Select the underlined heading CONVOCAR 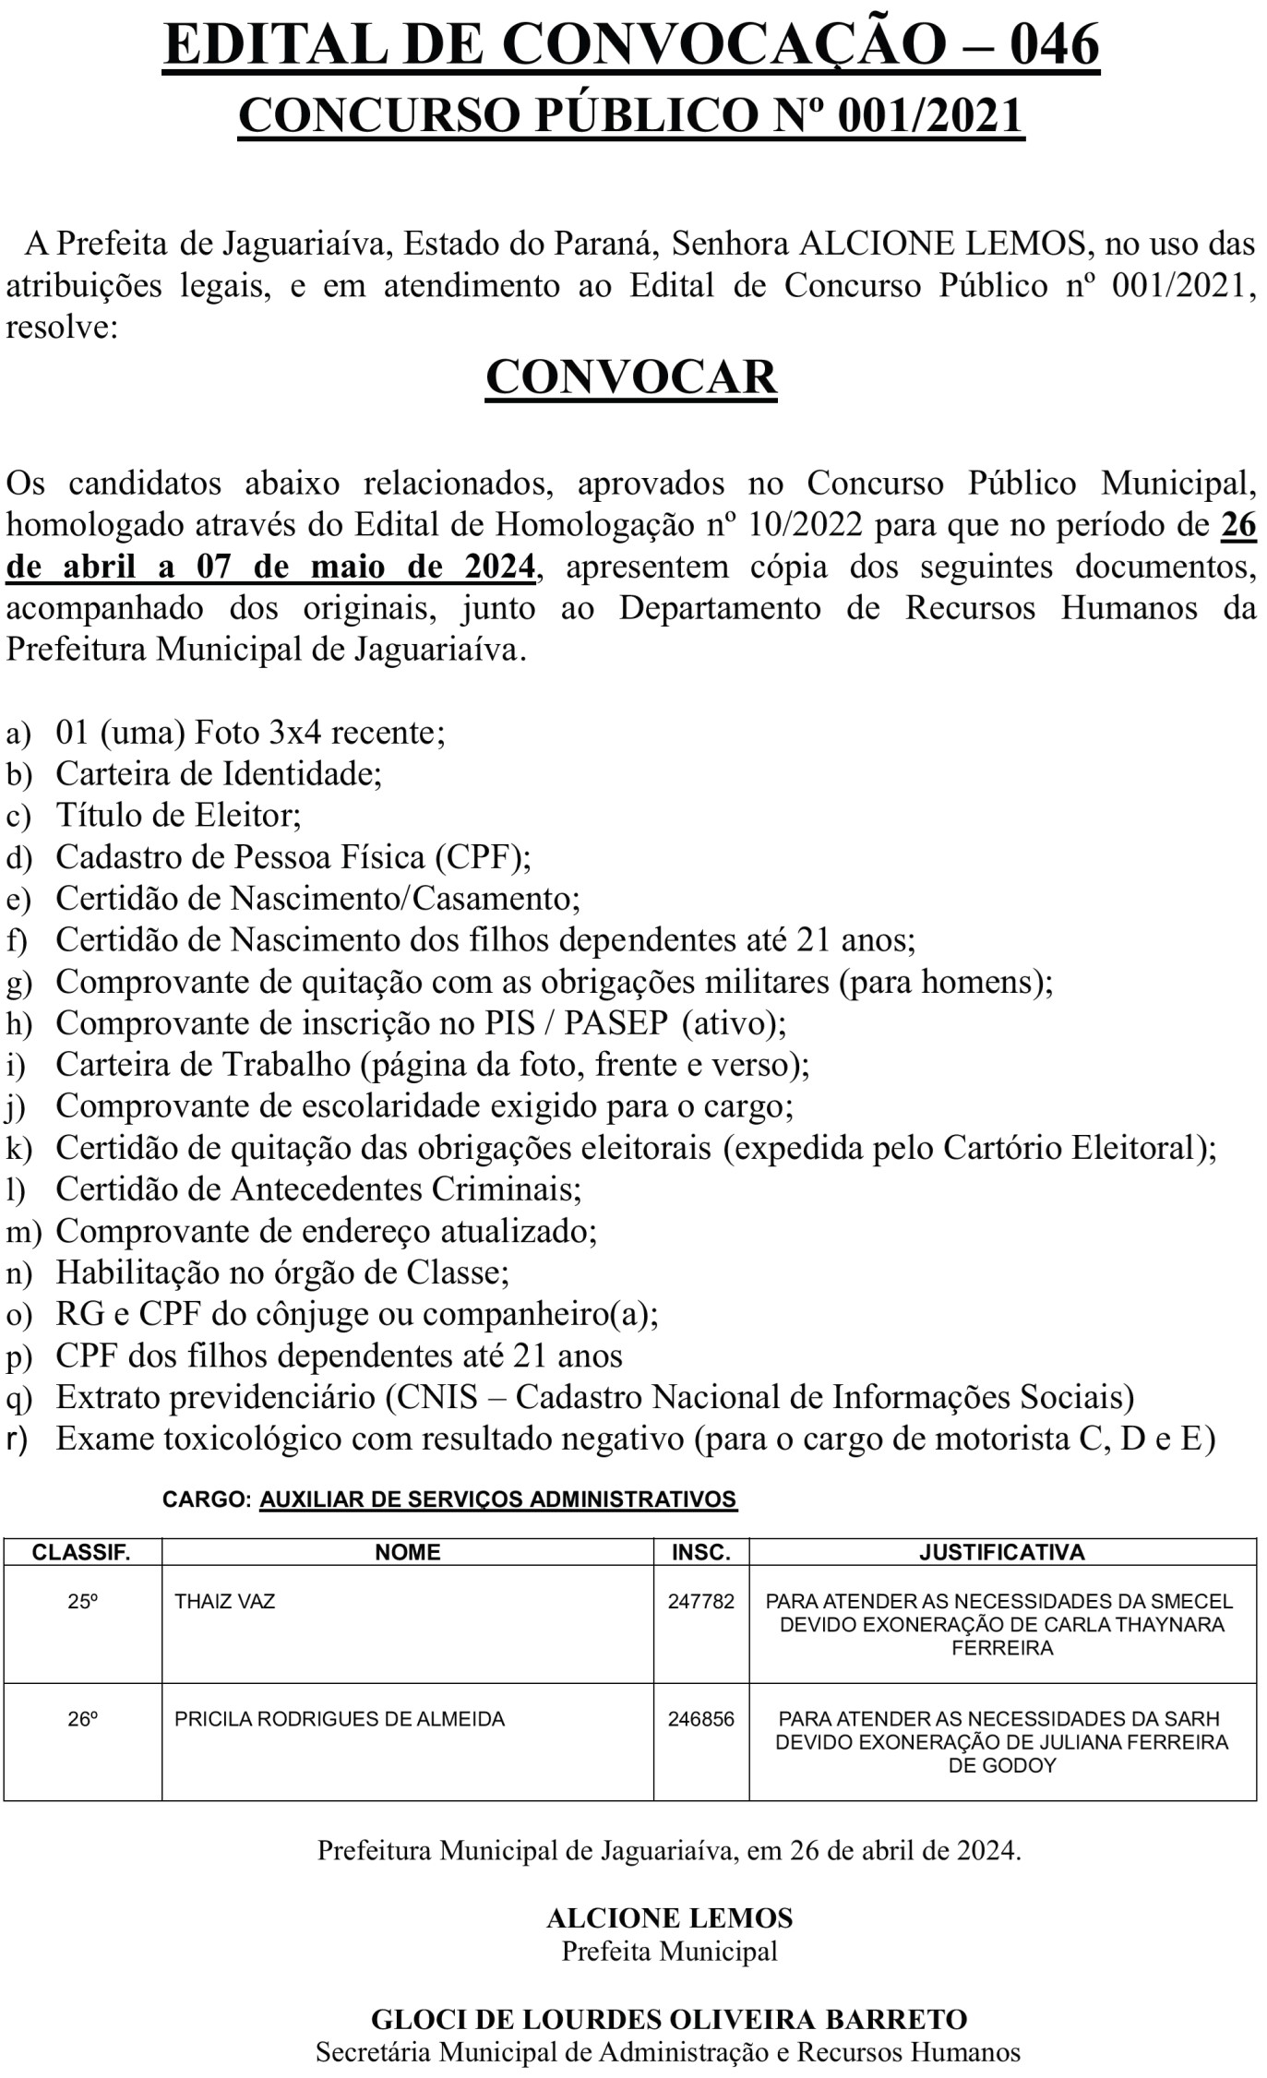[x=631, y=376]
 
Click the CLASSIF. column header [x=81, y=1552]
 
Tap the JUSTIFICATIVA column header [x=1001, y=1552]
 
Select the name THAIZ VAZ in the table [x=224, y=1601]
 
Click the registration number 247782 [x=700, y=1601]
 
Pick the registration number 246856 [x=700, y=1719]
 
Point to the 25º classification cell [x=82, y=1601]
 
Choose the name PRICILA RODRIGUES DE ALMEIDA [x=339, y=1719]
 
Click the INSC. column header [x=700, y=1552]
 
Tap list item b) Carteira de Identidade [x=219, y=773]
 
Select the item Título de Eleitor [x=178, y=815]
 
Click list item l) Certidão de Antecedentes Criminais [x=318, y=1188]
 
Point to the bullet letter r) [x=18, y=1439]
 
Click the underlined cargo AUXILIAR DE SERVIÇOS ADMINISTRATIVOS [x=498, y=1499]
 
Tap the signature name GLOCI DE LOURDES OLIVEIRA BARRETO [x=669, y=2020]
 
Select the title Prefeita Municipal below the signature [x=669, y=1952]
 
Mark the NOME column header [x=407, y=1552]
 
